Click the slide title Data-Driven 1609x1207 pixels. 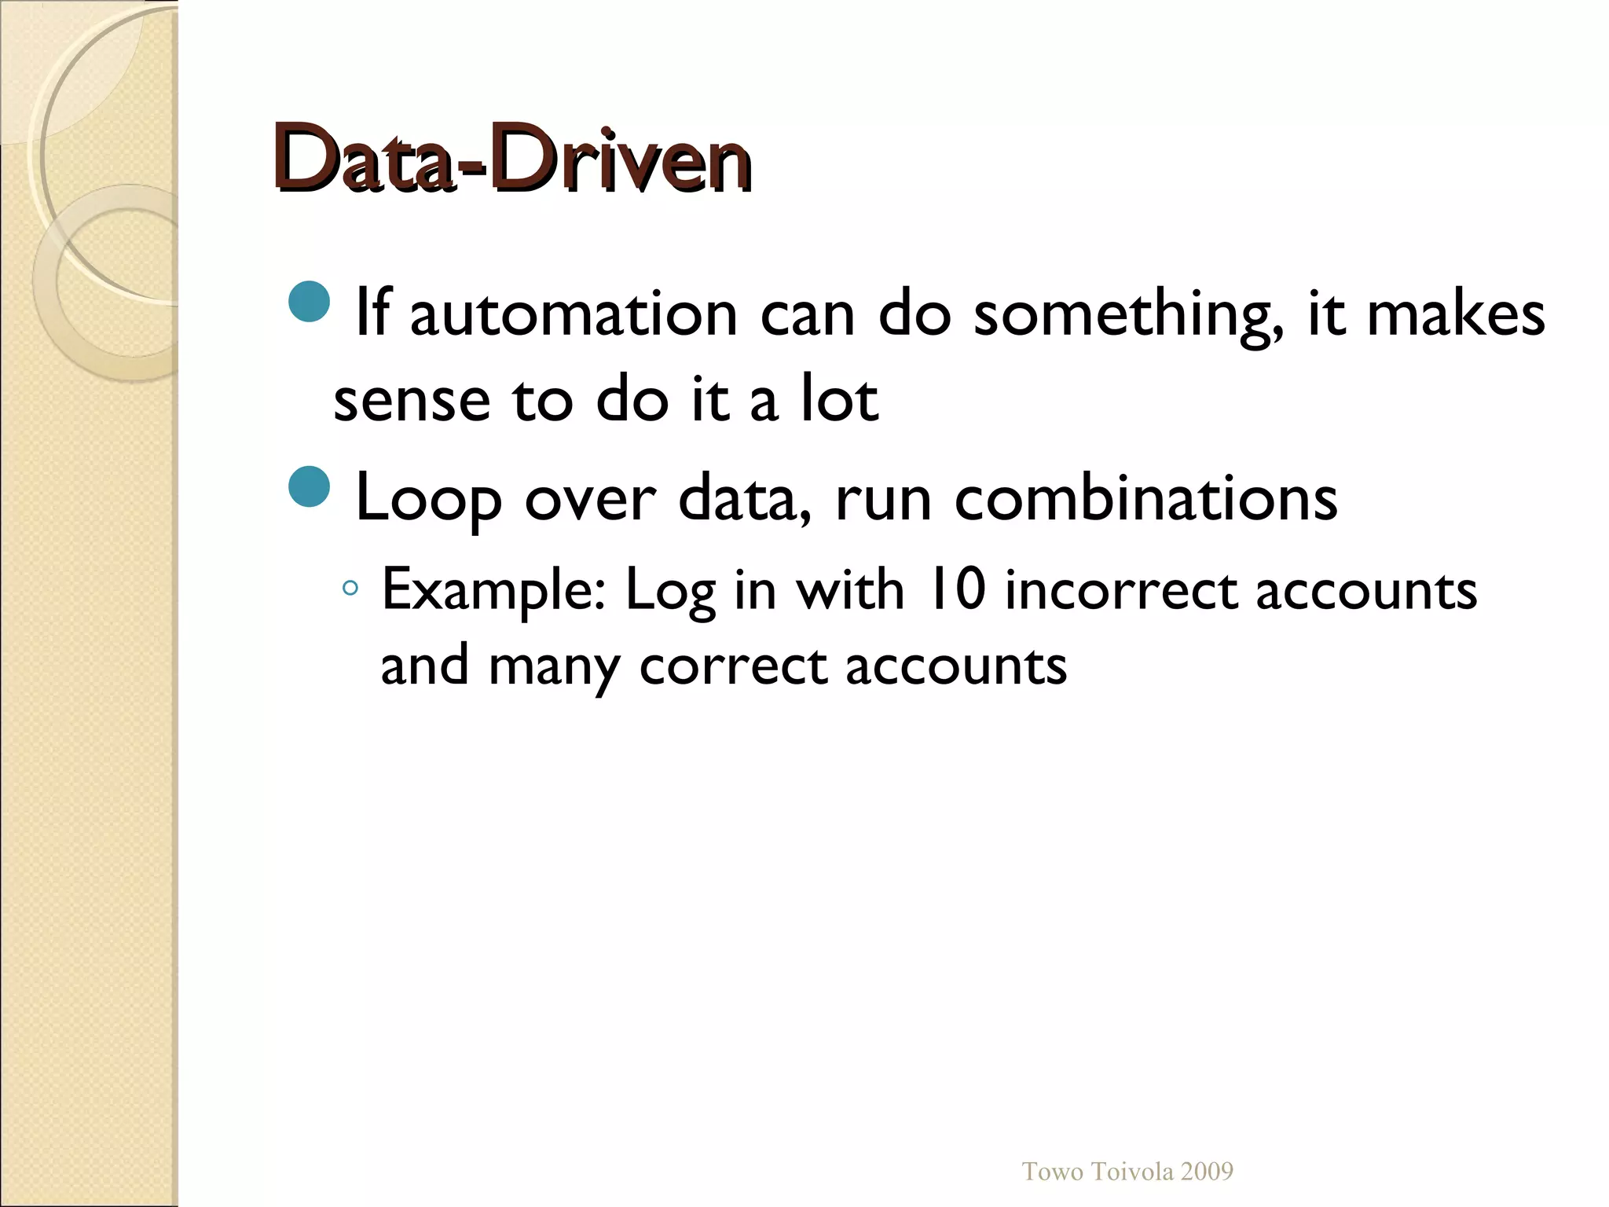[512, 160]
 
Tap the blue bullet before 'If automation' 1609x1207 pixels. [310, 301]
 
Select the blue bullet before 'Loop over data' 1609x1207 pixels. [310, 486]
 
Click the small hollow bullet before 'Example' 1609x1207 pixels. [350, 588]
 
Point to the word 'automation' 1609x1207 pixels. [574, 314]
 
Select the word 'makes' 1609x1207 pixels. [1456, 314]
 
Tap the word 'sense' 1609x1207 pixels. [412, 399]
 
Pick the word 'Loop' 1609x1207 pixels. [429, 500]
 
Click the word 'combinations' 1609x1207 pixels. [1145, 498]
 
